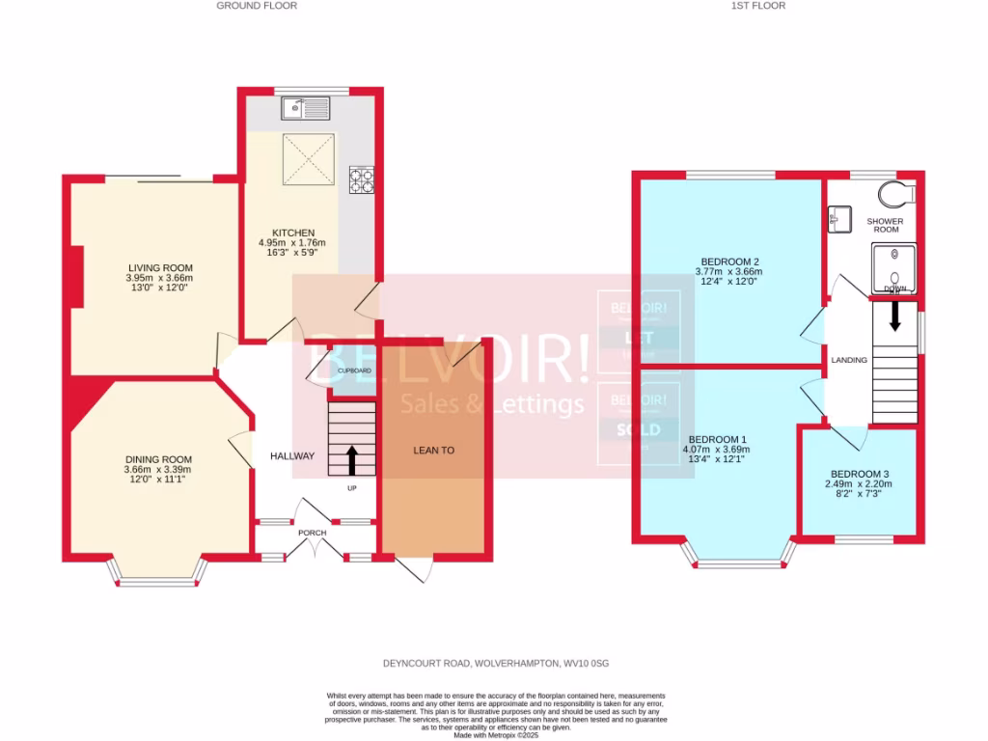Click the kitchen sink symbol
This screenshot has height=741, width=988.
306,108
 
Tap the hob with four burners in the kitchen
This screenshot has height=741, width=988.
363,179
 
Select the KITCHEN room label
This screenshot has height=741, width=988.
293,233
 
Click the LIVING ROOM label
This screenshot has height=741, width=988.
160,267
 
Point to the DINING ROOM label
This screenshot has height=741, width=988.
158,459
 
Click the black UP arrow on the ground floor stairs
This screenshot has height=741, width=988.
351,459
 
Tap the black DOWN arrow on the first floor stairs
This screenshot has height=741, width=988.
895,316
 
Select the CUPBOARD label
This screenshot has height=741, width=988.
353,370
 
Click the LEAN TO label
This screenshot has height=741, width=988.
433,450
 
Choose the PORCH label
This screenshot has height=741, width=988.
312,533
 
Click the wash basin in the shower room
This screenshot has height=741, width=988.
838,220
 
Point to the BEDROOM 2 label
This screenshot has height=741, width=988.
728,261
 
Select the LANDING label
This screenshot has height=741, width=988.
849,360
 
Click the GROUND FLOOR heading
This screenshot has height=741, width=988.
256,6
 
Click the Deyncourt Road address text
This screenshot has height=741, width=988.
493,663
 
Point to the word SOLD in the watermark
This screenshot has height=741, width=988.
638,429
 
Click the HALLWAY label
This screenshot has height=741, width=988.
291,456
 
